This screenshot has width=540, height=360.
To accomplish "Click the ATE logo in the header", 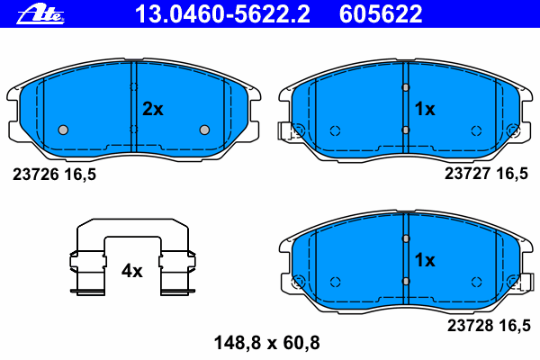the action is click(40, 15).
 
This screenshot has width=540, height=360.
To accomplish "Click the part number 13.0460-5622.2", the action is click(222, 14).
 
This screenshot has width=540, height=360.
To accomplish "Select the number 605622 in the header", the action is click(381, 14).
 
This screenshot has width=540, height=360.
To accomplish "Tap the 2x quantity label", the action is click(153, 109).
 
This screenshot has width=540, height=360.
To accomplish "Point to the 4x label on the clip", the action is click(132, 271).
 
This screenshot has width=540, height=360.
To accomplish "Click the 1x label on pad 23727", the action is click(425, 109).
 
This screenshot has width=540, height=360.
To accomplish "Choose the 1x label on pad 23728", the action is click(425, 260).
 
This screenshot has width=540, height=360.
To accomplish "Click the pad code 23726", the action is click(36, 175).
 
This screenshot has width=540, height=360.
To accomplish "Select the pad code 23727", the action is click(468, 174).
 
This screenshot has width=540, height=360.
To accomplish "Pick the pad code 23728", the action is click(471, 325).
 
